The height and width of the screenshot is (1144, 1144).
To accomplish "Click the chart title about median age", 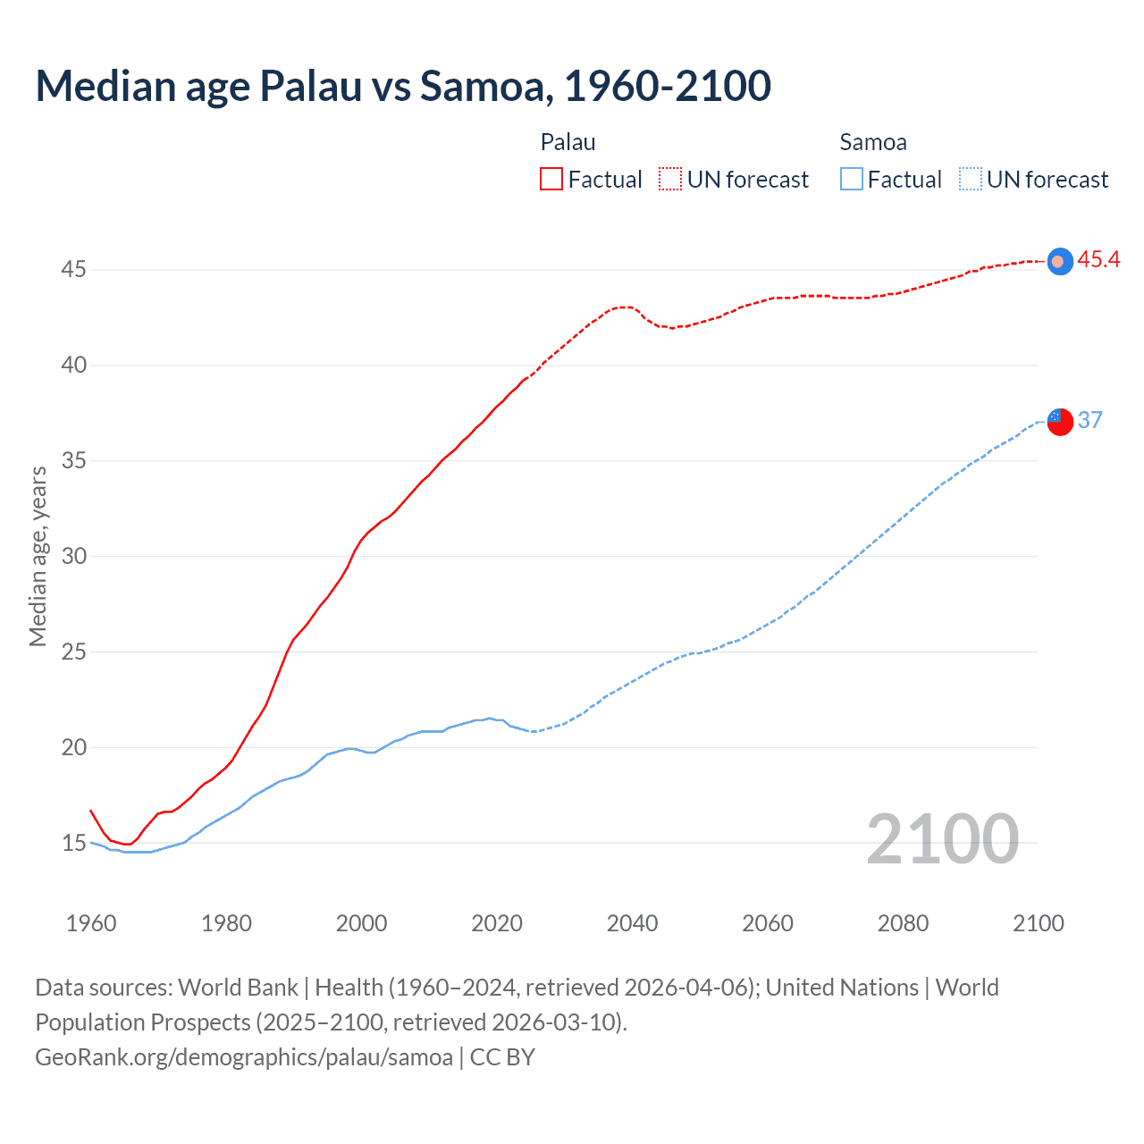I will click(x=403, y=86).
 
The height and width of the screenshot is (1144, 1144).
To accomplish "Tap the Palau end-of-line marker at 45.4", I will click(x=1059, y=261).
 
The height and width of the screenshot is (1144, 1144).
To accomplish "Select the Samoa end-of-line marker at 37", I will click(x=1059, y=420).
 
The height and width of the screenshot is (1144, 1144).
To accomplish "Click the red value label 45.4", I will click(x=1098, y=260).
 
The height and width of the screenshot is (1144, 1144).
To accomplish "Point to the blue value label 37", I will click(x=1089, y=420).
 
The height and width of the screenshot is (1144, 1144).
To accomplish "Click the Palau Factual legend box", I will click(x=551, y=180).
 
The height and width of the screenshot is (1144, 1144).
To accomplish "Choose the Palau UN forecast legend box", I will click(x=670, y=180).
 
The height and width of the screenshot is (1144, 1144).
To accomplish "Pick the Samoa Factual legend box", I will click(x=852, y=180).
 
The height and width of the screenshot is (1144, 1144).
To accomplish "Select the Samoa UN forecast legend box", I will click(x=970, y=180).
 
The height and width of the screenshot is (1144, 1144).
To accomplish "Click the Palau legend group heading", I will click(x=568, y=142).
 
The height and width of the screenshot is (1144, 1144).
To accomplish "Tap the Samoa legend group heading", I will click(x=873, y=142).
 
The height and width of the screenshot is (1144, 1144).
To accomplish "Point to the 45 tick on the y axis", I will click(x=73, y=269).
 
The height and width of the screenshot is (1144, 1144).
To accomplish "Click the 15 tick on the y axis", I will click(x=73, y=843).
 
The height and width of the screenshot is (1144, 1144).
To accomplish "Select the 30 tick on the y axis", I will click(x=73, y=556).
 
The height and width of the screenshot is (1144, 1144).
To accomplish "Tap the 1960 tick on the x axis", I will click(x=91, y=923).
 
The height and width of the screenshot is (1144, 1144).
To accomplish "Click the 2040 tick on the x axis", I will click(x=632, y=923).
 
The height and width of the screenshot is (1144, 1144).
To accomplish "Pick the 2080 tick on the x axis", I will click(x=903, y=923).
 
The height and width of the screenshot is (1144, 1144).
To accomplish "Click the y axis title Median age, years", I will click(x=38, y=556).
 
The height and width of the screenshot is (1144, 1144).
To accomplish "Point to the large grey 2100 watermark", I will click(x=942, y=839).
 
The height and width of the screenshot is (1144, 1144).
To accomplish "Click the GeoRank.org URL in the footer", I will click(x=244, y=1057).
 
